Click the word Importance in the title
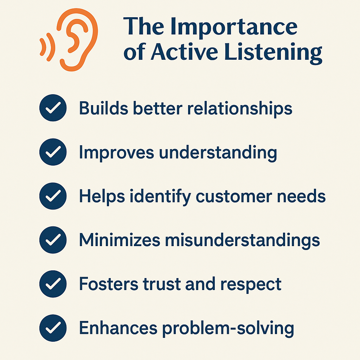(234, 27)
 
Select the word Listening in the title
(273, 53)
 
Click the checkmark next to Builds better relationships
(53, 108)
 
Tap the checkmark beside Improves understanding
(53, 152)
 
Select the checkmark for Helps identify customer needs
(53, 196)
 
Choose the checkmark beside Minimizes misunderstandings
(53, 240)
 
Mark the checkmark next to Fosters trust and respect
(53, 284)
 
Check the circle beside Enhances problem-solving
(53, 328)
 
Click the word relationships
(240, 109)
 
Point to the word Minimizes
(120, 240)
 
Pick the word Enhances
(118, 328)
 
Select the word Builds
(104, 108)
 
